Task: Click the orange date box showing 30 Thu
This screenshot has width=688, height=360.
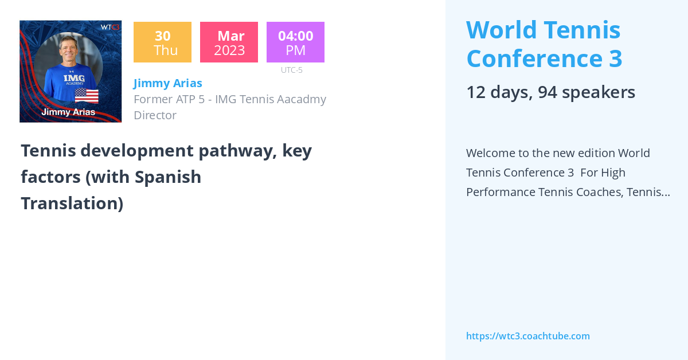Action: click(x=162, y=42)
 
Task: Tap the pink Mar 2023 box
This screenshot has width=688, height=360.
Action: click(x=229, y=42)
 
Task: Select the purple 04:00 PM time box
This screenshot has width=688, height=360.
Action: click(x=295, y=42)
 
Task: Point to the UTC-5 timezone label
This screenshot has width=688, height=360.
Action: click(x=291, y=70)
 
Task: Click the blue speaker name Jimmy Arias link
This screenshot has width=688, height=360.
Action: click(x=167, y=83)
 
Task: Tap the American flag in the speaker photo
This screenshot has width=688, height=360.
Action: click(x=87, y=95)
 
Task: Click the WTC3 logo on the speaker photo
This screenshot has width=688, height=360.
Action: click(x=110, y=27)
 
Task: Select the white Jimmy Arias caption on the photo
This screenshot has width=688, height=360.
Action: click(x=68, y=112)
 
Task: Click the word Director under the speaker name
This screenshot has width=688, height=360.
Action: click(x=155, y=115)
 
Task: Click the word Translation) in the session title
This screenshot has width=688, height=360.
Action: click(x=72, y=204)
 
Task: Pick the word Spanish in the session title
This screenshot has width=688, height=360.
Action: click(x=168, y=177)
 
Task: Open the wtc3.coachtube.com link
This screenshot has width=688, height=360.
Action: click(x=527, y=336)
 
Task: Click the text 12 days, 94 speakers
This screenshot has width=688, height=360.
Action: click(x=550, y=92)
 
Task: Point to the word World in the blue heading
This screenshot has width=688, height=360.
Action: click(x=501, y=29)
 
